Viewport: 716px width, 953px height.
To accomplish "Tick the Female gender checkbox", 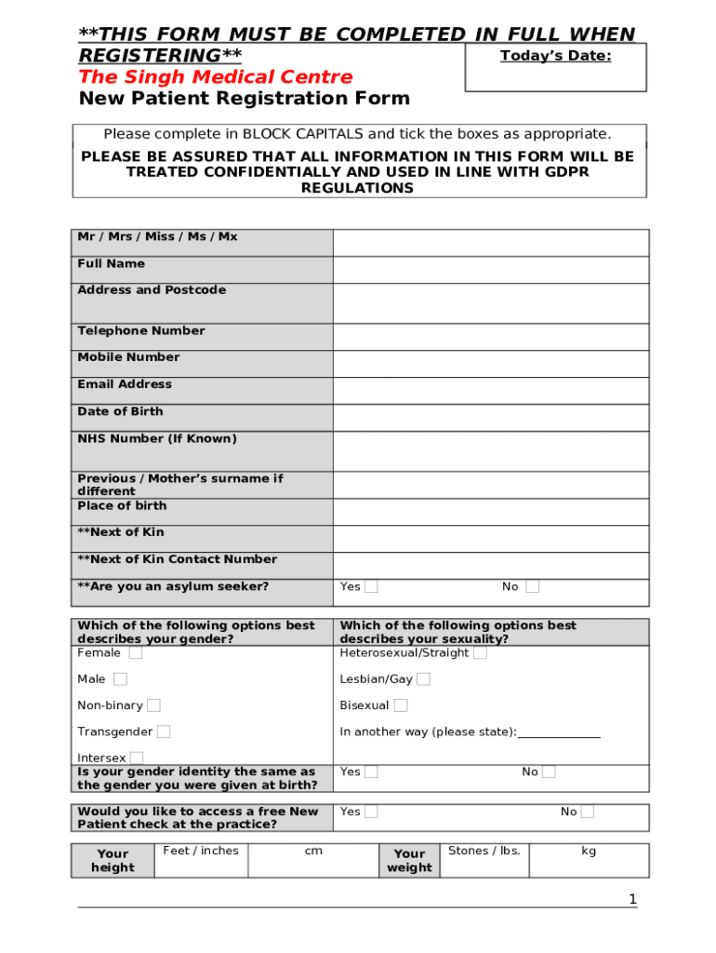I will (136, 653).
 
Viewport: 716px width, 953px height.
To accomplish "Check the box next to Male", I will (121, 679).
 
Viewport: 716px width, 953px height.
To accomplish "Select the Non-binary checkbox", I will (153, 705).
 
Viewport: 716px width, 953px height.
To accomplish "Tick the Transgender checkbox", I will (164, 732).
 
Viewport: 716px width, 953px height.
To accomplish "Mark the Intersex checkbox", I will (137, 758).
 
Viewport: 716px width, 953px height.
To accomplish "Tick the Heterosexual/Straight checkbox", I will (480, 652).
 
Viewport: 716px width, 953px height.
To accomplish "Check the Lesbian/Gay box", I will (423, 679).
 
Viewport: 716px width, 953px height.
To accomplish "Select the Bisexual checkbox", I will (401, 705).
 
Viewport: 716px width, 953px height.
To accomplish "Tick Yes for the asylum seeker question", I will (371, 586).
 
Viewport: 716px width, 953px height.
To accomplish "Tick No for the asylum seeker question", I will (532, 586).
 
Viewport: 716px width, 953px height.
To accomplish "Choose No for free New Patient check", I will (588, 812).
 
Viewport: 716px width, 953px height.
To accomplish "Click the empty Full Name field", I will (491, 270).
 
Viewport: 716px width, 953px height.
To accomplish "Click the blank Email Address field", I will (491, 391).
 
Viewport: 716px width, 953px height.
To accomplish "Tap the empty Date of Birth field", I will (491, 418).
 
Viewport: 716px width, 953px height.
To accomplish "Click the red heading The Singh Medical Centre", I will (216, 77).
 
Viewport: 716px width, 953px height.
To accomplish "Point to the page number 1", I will (632, 899).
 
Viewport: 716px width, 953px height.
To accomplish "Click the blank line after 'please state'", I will (559, 732).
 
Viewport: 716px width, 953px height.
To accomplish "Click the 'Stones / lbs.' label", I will (484, 851).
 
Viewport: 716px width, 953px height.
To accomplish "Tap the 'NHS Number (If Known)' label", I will (157, 438).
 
